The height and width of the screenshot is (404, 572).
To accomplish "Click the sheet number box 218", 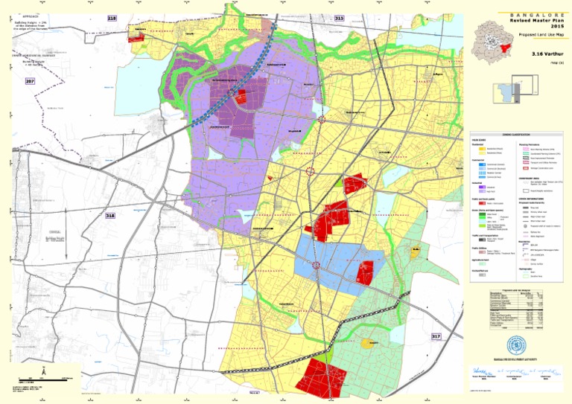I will coord(112,18).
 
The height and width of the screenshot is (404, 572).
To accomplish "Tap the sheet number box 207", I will coord(31,80).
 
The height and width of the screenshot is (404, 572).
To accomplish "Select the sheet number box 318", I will coord(111,215).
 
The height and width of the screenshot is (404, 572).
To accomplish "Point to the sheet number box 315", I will coord(340,18).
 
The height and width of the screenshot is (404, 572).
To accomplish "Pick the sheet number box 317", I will coord(436,337).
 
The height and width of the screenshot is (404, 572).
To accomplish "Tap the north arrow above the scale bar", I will coord(44,370).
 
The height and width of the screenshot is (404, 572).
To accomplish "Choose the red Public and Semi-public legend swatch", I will coord(479,202).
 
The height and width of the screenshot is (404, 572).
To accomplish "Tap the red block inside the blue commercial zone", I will coord(364,272).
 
